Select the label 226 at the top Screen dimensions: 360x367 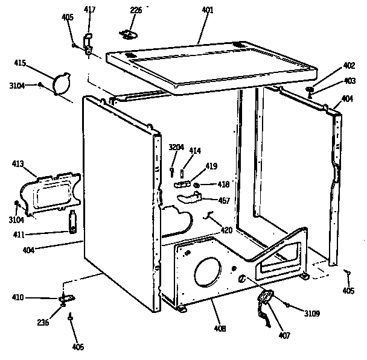136,11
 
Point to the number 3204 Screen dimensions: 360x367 176,148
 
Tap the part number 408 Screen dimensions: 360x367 220,329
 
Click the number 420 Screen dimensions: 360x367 226,229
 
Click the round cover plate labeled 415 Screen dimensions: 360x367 62,83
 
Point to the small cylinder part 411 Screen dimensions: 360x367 72,221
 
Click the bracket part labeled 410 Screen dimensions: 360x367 65,298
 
